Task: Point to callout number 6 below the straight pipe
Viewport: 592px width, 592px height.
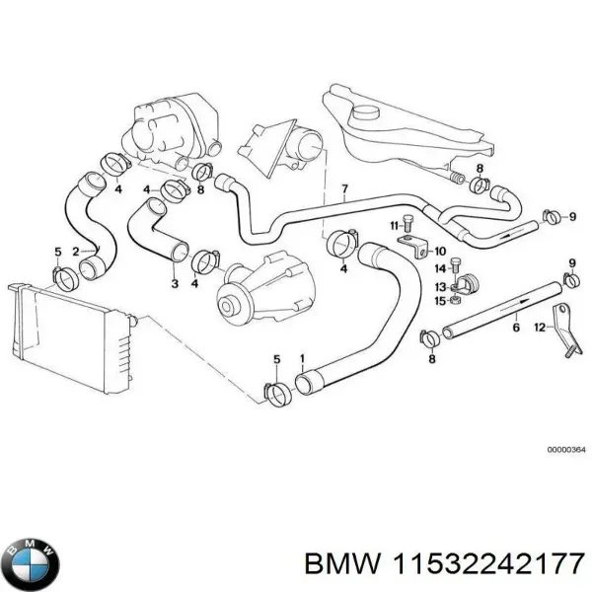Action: coord(514,318)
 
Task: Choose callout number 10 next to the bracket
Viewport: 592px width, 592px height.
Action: coord(440,251)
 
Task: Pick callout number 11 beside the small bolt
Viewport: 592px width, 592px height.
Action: coord(392,225)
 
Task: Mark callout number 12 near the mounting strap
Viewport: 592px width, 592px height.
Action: coord(539,327)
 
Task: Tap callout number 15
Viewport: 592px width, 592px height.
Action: coord(439,300)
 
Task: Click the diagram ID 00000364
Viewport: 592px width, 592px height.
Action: coord(565,449)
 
